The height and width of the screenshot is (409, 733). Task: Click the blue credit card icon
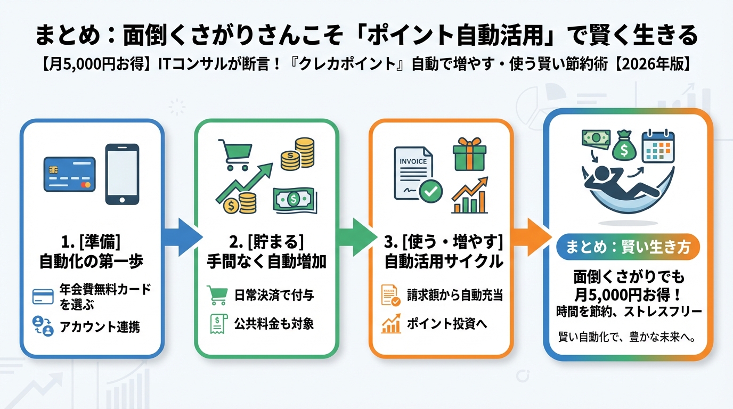coord(69,175)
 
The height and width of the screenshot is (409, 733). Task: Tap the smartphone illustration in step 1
coord(122,174)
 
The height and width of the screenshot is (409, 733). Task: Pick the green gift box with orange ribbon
coord(469,154)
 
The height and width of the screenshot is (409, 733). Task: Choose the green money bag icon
coord(624,146)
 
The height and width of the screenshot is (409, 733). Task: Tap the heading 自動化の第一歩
coord(92,261)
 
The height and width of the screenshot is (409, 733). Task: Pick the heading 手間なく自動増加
coord(266,261)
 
